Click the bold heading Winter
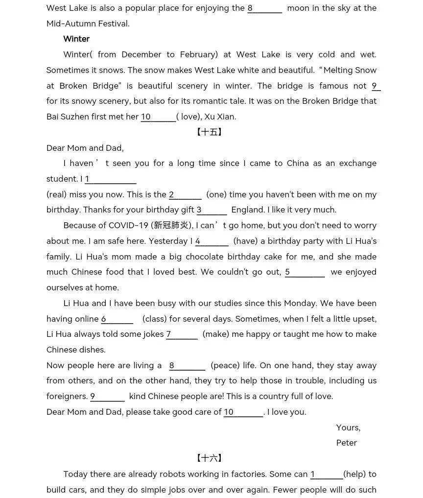click(x=76, y=39)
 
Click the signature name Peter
click(x=346, y=443)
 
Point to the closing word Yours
click(x=348, y=427)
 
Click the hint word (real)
click(x=57, y=194)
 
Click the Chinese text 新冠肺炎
click(x=171, y=225)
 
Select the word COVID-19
click(x=128, y=225)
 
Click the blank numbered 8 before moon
click(x=265, y=8)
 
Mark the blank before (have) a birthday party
click(x=212, y=241)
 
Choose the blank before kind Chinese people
click(x=107, y=397)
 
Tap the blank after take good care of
click(x=243, y=412)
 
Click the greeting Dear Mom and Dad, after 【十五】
click(x=85, y=148)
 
